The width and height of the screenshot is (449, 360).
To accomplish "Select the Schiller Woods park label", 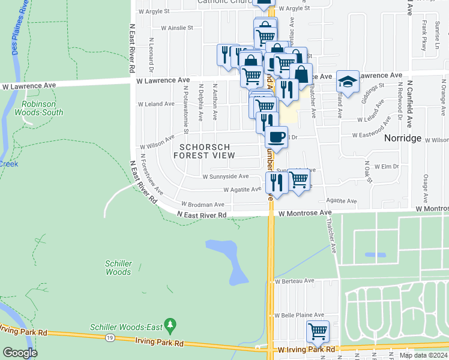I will tap(118, 268).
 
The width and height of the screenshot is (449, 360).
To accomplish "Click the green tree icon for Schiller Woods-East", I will tap(171, 326).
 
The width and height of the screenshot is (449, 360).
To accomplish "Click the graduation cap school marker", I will tap(348, 80).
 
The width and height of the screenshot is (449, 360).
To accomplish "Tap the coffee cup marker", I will tap(276, 137).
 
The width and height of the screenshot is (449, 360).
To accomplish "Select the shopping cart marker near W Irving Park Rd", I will tap(318, 331).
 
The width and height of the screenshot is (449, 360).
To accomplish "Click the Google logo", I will tap(20, 353).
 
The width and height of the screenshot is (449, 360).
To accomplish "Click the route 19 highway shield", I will tap(110, 338).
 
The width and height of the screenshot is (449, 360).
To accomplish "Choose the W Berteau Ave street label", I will tap(295, 281).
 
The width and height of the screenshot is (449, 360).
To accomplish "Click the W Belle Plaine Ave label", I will tap(299, 315).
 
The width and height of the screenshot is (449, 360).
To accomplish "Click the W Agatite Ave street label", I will tap(242, 190).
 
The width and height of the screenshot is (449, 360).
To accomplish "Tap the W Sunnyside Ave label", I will tap(225, 177).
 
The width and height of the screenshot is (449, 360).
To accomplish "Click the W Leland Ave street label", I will tap(156, 104).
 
